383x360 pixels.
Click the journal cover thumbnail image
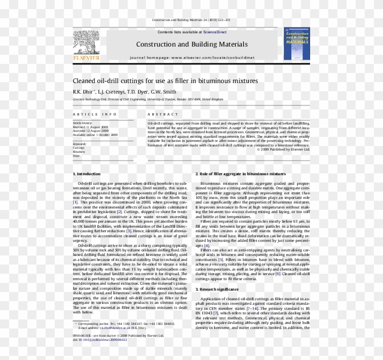pos(296,44)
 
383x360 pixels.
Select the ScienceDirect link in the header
pos(215,32)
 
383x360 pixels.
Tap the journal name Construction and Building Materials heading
pos(191,44)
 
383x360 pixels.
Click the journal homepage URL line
pos(191,58)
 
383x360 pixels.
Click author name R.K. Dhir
pos(83,91)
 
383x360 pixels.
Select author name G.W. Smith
pos(163,91)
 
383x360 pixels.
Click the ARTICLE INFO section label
pos(91,114)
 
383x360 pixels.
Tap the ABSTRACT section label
pos(163,114)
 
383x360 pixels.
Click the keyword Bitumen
pos(79,152)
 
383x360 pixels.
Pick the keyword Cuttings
pos(79,148)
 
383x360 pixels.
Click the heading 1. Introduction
pos(87,174)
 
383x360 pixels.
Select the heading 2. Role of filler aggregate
pos(241,174)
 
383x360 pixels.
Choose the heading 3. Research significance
pos(217,289)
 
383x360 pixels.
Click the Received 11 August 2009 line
pos(90,127)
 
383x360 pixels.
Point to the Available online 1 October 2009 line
pos(95,135)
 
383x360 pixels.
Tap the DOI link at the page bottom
pos(96,340)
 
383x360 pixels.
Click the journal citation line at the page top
pos(191,20)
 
